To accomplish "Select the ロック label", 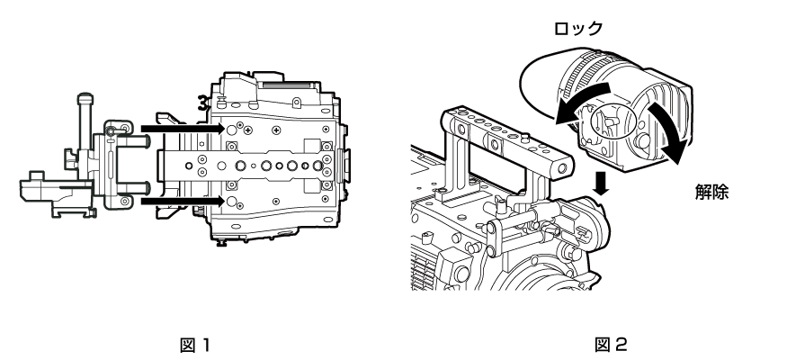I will [x=577, y=30].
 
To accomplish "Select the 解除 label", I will [x=711, y=192].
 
